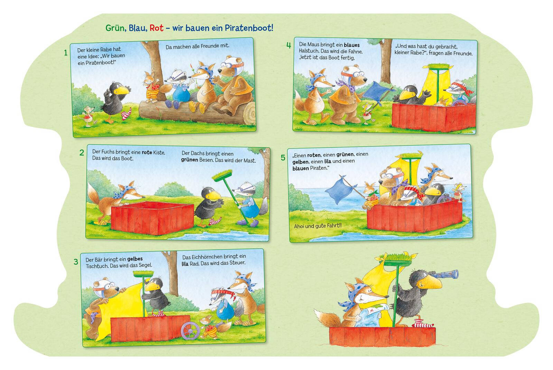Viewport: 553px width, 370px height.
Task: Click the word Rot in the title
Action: pos(156,28)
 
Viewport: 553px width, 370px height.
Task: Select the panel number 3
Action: pos(76,262)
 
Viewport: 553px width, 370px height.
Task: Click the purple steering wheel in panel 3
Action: pos(190,331)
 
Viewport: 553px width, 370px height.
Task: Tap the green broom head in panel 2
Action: pos(222,175)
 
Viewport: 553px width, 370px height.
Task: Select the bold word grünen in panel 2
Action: pos(190,160)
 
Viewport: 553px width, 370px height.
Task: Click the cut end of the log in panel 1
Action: pos(249,114)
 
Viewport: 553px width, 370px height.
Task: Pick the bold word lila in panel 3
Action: pos(185,264)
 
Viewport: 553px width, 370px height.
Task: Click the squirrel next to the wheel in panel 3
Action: pos(209,327)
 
